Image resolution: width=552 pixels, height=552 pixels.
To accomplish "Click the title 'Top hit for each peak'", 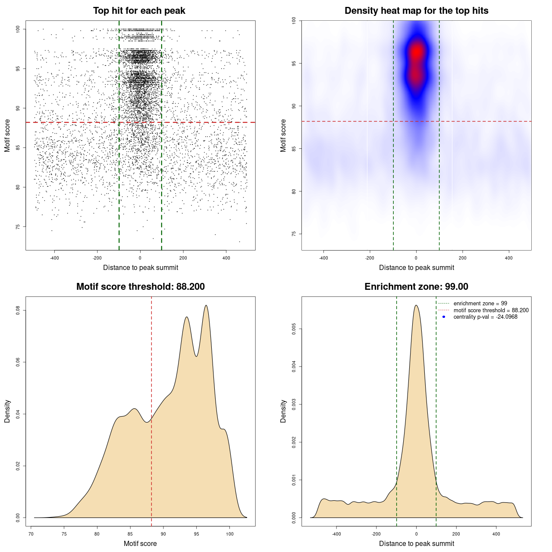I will click(x=139, y=11).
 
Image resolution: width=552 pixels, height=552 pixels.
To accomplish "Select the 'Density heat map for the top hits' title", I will click(x=416, y=11).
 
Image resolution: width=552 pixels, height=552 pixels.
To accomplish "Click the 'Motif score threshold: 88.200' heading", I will click(x=140, y=287).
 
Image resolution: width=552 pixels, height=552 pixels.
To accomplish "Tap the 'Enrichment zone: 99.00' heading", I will click(x=416, y=287).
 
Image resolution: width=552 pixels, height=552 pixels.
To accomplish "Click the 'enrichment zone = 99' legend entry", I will click(x=480, y=304).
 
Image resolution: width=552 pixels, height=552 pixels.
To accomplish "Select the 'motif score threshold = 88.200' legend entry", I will click(x=491, y=310).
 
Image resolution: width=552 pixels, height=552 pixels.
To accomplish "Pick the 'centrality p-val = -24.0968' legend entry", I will click(x=485, y=317).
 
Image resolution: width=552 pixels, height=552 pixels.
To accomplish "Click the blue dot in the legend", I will click(x=444, y=317).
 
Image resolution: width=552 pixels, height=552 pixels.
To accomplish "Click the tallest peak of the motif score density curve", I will click(x=206, y=306).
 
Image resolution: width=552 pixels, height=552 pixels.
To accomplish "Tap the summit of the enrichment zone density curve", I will click(x=416, y=305).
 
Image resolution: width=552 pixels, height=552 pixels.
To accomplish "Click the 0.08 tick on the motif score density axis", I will click(x=18, y=310).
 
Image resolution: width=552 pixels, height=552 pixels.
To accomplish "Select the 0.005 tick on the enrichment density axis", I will click(x=294, y=329).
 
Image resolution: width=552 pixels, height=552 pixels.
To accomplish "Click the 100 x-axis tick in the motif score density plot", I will click(x=229, y=534).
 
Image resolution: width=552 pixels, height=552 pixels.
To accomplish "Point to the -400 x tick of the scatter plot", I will click(x=54, y=258).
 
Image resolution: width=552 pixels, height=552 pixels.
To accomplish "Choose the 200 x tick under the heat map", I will click(x=462, y=258).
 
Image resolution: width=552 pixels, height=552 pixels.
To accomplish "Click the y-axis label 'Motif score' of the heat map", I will click(x=283, y=135).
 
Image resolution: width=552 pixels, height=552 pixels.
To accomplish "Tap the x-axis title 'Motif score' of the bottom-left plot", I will click(x=140, y=543).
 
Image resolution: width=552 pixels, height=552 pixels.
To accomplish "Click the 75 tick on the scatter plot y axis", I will click(x=18, y=226).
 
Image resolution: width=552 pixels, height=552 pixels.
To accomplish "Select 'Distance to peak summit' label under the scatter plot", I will click(x=141, y=267).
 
